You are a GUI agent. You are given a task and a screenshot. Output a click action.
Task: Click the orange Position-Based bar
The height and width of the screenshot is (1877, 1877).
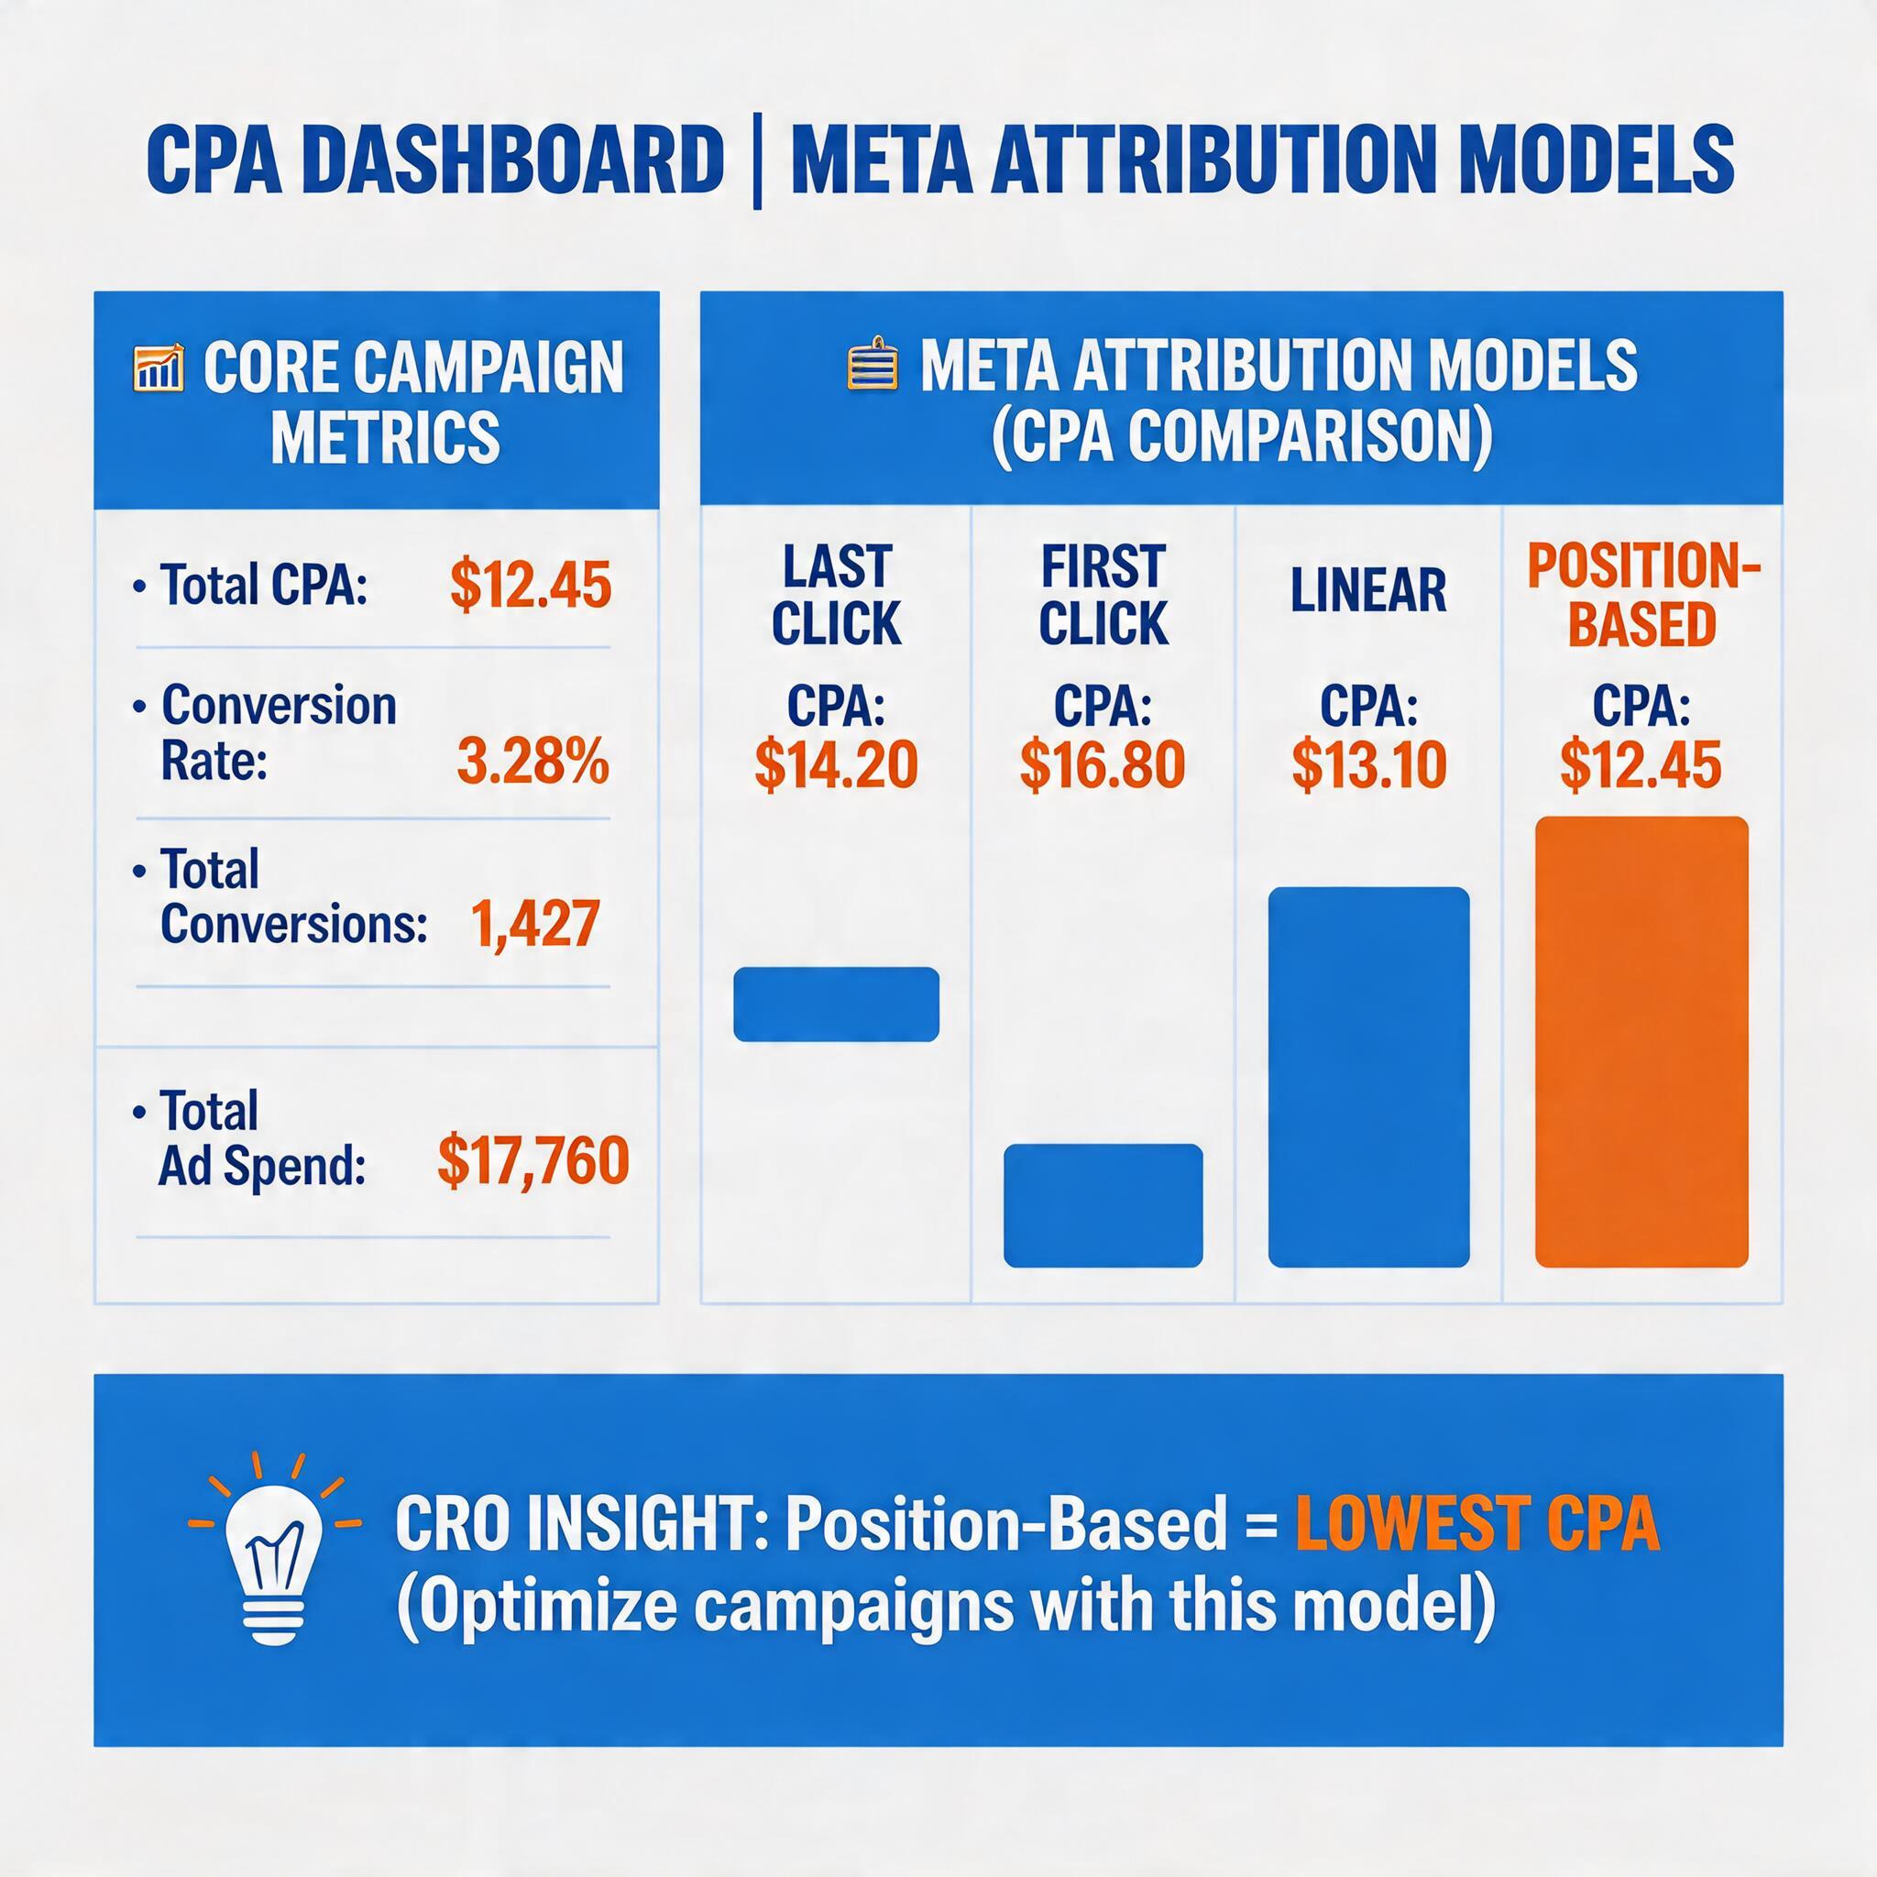pos(1641,1042)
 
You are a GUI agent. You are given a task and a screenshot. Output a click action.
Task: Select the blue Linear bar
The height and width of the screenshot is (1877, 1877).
pos(1368,1077)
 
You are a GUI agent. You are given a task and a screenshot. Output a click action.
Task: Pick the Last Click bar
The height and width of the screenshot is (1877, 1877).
pos(836,1004)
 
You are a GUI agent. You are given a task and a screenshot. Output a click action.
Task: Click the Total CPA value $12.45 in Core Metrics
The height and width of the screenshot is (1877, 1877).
pos(531,586)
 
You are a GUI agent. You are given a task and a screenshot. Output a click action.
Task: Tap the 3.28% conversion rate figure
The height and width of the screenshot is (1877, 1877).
pos(532,762)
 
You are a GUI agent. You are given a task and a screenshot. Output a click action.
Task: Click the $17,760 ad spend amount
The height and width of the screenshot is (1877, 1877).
pos(532,1160)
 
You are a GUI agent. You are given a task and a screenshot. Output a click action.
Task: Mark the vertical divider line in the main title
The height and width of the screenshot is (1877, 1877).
pos(757,163)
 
